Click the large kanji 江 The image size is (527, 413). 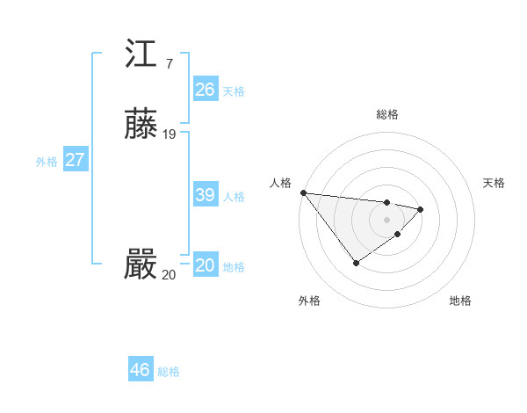coord(141,54)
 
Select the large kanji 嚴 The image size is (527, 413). coord(141,265)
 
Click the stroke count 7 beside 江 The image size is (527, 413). coord(169,63)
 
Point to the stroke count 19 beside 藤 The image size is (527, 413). coord(170,134)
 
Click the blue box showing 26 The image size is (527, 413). coord(205,89)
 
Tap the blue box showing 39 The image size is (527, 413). coord(205,195)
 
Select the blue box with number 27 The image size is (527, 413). coord(75,160)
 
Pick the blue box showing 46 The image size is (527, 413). coord(140,370)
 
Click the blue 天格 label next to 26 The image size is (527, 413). coord(234,91)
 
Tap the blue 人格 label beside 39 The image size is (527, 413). coord(234,197)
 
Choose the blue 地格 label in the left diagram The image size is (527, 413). coord(234,267)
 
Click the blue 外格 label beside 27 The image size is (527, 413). coord(47,162)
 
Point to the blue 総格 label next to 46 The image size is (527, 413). coord(169,372)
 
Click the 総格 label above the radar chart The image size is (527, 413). coord(387,114)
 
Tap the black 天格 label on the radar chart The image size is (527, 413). coord(495,183)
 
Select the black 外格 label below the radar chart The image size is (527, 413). coord(309,301)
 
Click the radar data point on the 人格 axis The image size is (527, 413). coord(303,192)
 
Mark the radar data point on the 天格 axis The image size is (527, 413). coord(421,209)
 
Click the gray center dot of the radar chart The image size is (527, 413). coord(387,219)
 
